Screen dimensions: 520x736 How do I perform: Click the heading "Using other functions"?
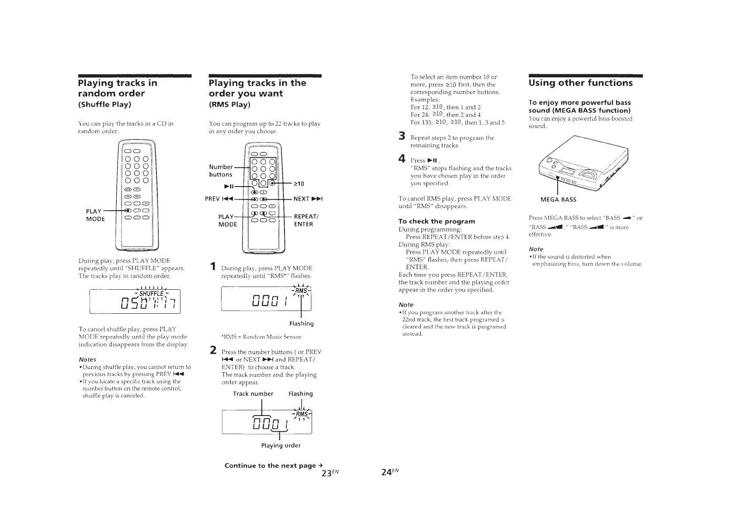coord(580,83)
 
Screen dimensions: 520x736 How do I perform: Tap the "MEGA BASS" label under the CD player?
coord(559,200)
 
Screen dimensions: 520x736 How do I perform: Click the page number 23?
coord(330,473)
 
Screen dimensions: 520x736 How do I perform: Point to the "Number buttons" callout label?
coord(221,170)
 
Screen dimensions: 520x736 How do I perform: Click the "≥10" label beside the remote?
coord(299,184)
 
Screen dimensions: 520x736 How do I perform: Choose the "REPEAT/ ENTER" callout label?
coord(304,220)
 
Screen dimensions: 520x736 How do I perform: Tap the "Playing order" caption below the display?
coord(281,445)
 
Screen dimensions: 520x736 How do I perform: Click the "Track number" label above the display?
coord(253,394)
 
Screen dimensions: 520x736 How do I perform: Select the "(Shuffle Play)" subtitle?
coord(104,104)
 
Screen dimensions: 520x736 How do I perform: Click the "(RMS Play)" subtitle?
coord(229,104)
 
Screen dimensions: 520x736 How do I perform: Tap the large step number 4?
coord(402,159)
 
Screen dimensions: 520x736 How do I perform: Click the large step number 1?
coord(212,266)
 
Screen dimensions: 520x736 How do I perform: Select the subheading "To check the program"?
coord(437,221)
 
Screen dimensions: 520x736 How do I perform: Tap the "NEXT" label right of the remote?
coord(308,199)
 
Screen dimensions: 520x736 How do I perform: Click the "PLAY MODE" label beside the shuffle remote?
coord(95,215)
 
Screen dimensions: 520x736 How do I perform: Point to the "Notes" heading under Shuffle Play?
coord(87,359)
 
